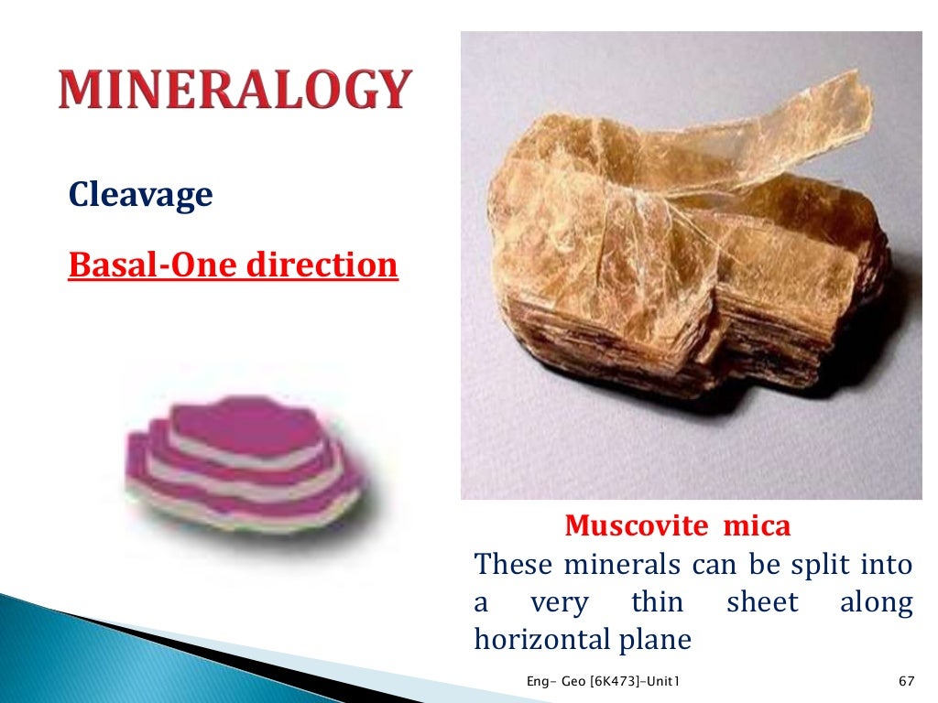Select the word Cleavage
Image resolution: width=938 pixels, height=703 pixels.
tap(140, 194)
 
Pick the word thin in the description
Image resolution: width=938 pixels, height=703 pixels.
tap(657, 602)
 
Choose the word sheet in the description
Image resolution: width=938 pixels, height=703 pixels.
tap(762, 602)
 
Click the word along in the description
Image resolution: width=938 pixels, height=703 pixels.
tap(876, 602)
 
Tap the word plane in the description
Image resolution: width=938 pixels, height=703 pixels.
tap(657, 640)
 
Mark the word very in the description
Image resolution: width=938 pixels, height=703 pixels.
tap(560, 602)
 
